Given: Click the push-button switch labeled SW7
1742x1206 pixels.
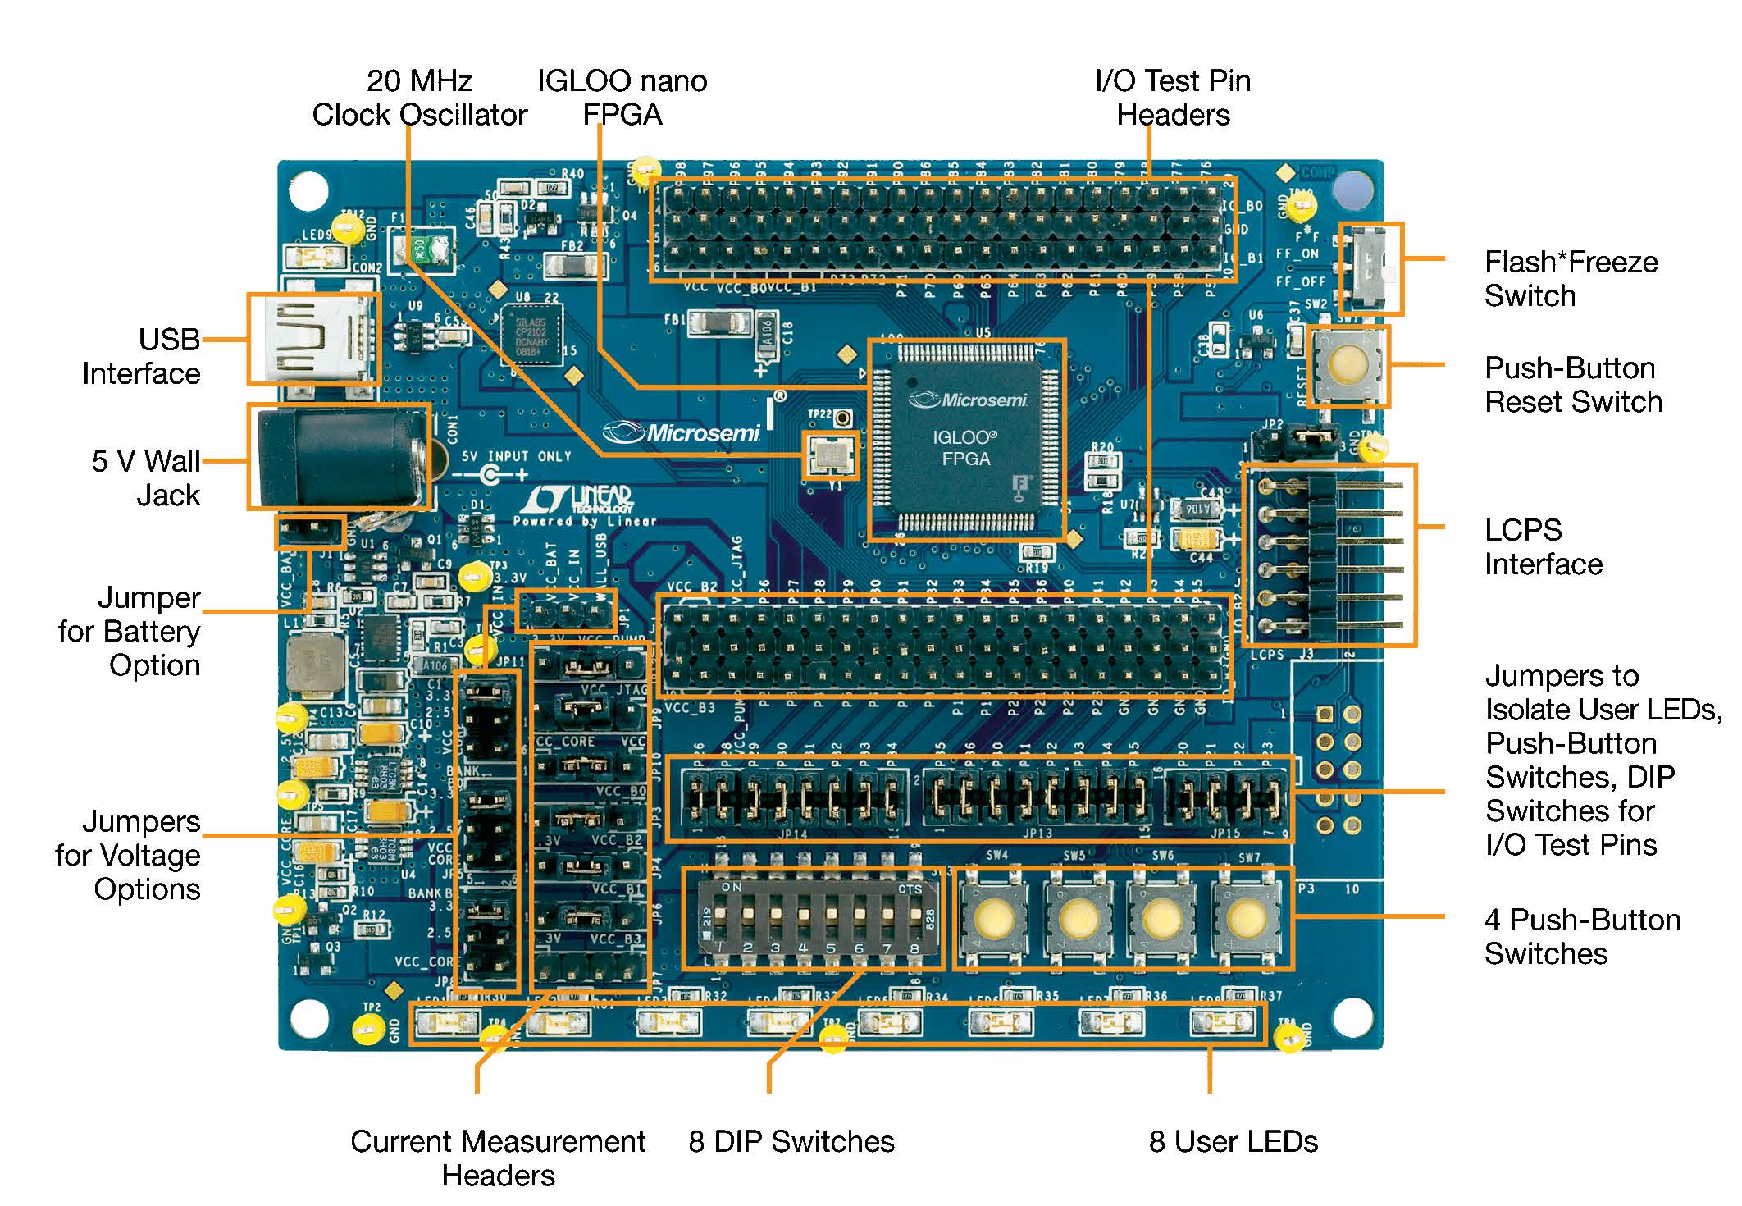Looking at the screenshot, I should click(x=1247, y=917).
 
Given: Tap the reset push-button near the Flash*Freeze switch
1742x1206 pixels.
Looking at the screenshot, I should click(x=1347, y=365).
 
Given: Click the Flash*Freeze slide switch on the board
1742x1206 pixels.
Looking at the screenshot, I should click(x=1370, y=268).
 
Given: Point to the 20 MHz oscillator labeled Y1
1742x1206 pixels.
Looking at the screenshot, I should click(x=831, y=455).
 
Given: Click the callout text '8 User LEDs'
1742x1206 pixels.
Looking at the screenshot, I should click(x=1233, y=1141).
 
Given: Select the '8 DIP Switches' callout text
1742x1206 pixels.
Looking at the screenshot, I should click(x=791, y=1141).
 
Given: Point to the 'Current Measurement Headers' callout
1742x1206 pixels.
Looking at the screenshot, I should click(x=498, y=1158).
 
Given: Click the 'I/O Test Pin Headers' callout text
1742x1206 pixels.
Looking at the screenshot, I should click(x=1173, y=98).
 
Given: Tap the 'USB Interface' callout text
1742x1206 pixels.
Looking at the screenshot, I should click(x=142, y=356).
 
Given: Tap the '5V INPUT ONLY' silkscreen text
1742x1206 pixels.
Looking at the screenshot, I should click(x=516, y=456).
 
